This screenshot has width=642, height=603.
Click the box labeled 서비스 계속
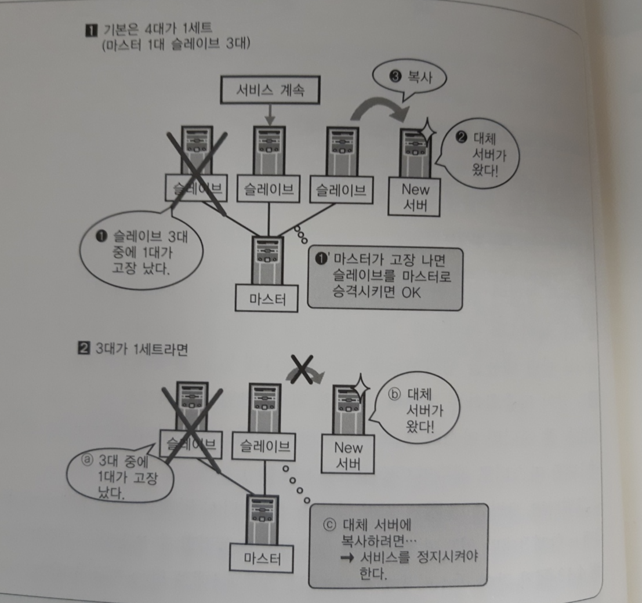pos(270,91)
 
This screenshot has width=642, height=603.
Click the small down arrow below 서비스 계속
pos(270,116)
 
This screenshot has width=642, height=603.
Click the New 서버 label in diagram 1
pos(415,197)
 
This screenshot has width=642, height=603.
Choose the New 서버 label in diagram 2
pos(349,455)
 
